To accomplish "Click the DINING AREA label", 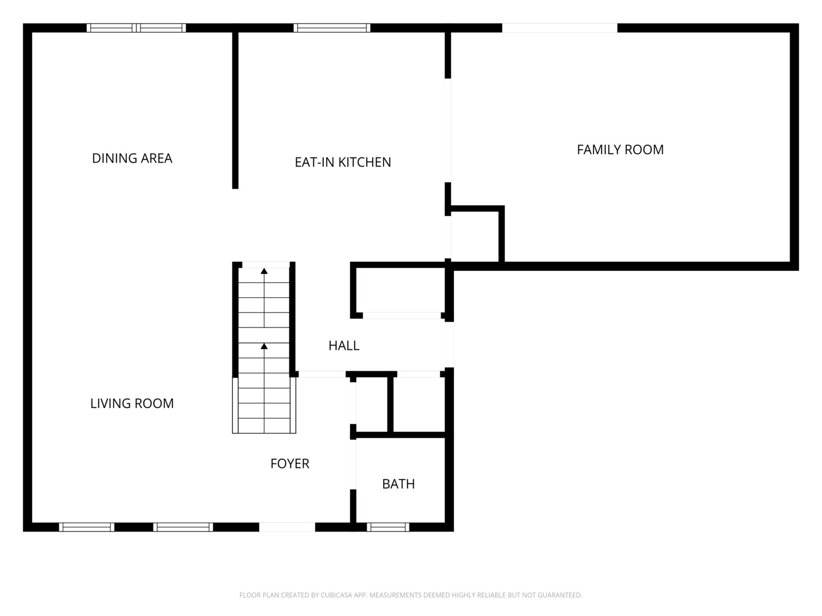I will click(132, 158).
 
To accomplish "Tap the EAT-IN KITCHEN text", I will click(342, 162).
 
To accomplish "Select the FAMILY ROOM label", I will click(620, 149).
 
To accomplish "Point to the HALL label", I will click(344, 345).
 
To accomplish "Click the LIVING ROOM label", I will click(132, 403).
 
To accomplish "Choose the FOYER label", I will click(289, 464).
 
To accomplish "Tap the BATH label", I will click(398, 484).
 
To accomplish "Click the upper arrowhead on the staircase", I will click(264, 271).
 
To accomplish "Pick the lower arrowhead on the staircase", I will click(264, 346).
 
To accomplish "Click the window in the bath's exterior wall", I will click(388, 527).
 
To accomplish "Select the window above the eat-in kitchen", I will click(332, 27).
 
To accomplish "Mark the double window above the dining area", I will click(136, 27).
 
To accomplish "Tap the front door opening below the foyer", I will click(287, 527).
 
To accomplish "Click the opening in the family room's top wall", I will click(559, 27).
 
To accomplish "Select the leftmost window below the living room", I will click(87, 527).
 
